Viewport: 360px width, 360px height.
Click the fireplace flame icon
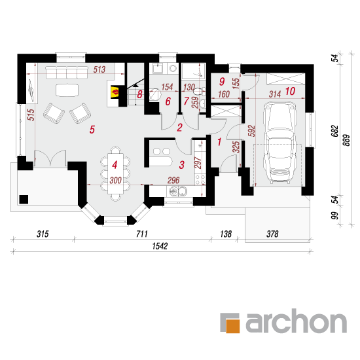click(115, 92)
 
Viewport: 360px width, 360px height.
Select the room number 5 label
click(92, 130)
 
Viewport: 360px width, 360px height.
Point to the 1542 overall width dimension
click(160, 246)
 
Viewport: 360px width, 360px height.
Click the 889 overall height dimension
click(346, 140)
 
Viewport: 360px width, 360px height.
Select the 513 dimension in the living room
click(99, 69)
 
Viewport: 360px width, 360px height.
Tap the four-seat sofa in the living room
click(67, 73)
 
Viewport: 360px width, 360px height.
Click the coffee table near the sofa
click(67, 90)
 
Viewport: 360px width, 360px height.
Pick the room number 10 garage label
click(290, 91)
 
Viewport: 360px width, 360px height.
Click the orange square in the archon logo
click(233, 325)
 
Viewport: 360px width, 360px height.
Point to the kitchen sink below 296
click(178, 191)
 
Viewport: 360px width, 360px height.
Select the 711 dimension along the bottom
click(142, 234)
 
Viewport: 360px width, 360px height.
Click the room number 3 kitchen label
click(181, 165)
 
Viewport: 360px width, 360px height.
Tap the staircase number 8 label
click(139, 94)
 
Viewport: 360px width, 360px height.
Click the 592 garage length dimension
click(251, 131)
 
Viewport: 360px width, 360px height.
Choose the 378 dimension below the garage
click(272, 234)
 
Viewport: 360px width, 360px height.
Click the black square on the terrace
click(24, 200)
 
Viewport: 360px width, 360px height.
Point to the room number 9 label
click(222, 82)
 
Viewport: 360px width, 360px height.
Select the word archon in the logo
click(296, 321)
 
